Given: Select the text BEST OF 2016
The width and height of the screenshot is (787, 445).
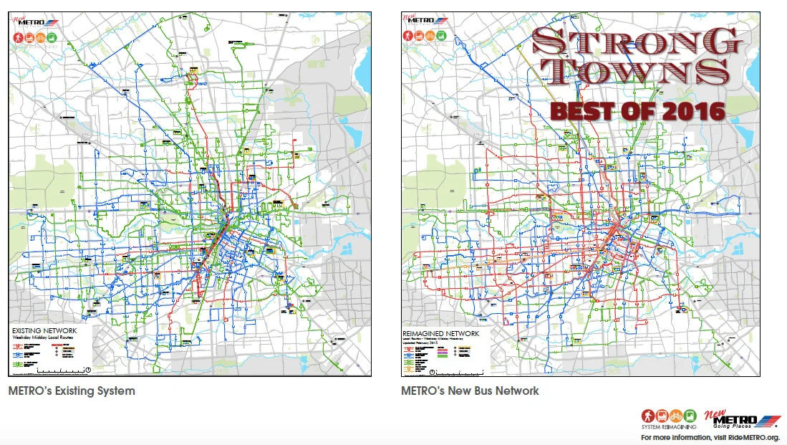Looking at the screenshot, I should [x=637, y=111].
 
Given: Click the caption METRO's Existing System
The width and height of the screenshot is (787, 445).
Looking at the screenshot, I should [x=72, y=391].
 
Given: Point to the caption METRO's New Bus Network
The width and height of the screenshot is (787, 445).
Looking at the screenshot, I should [x=470, y=391].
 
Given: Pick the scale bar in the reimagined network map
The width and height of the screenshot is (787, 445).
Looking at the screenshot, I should [x=458, y=370].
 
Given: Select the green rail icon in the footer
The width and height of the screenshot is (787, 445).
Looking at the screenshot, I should [x=690, y=416].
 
